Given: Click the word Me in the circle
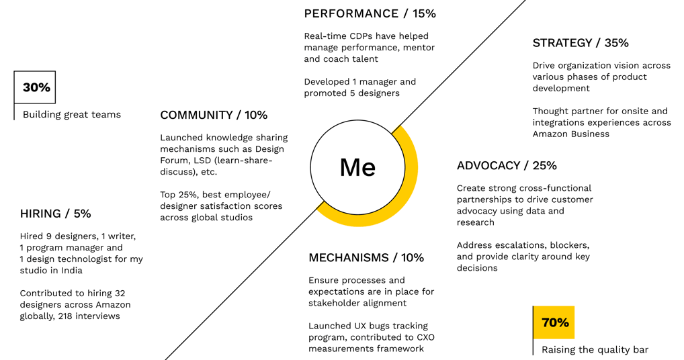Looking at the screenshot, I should coord(357,167).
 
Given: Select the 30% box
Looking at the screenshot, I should coord(35,87).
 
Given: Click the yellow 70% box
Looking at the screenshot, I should coord(554,323).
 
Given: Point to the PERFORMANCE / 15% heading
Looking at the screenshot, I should coord(370,13).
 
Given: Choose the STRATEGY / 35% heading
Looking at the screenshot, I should coord(581,43).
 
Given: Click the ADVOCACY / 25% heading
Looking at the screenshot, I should coord(507,166).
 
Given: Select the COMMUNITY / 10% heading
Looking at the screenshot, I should coord(214,115).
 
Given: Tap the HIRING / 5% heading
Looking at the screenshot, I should coord(55,214).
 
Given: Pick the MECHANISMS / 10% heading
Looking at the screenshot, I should coord(366,258).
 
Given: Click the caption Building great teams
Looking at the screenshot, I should coord(72,115).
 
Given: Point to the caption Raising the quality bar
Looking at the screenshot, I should coord(595,350).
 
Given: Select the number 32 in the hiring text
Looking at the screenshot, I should coord(119,293).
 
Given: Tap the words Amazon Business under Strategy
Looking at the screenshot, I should coord(571,134).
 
